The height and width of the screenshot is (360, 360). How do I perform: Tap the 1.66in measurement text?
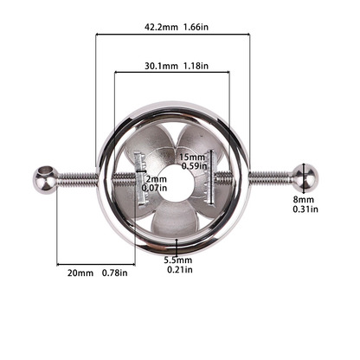pyautogui.click(x=196, y=28)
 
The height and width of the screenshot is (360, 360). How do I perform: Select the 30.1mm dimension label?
pyautogui.click(x=161, y=66)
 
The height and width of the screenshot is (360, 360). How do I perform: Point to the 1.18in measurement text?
pyautogui.click(x=196, y=66)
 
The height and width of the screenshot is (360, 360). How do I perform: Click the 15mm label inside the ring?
pyautogui.click(x=192, y=157)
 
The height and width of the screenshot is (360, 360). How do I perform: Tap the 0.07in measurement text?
pyautogui.click(x=154, y=188)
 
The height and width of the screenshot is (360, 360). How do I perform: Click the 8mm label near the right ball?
pyautogui.click(x=304, y=199)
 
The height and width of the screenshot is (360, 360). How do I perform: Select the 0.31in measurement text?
pyautogui.click(x=305, y=209)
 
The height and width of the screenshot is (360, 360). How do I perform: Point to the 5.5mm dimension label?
pyautogui.click(x=178, y=260)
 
